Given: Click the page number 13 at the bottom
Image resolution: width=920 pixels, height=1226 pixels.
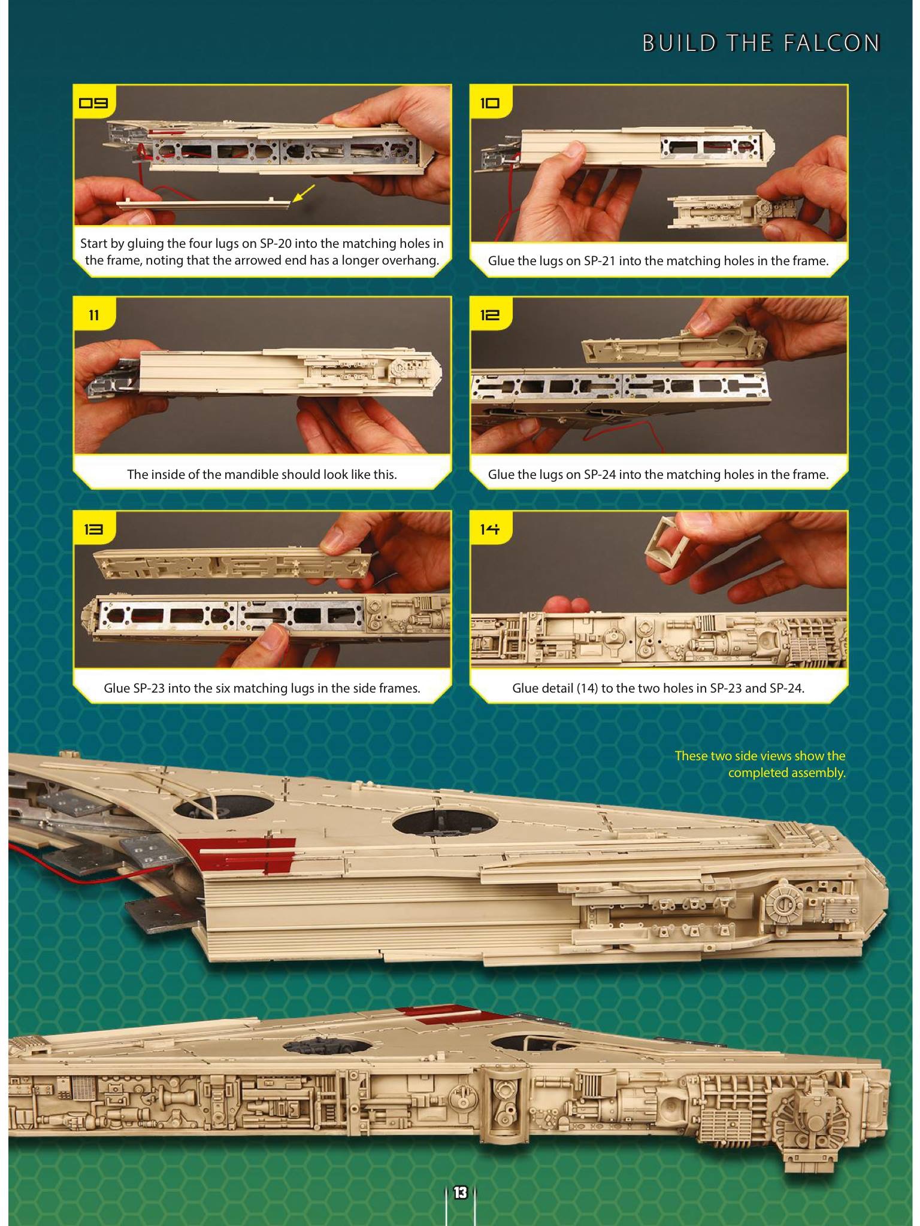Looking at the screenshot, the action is click(460, 1192).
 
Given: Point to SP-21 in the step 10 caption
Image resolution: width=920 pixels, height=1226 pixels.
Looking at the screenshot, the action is click(601, 261).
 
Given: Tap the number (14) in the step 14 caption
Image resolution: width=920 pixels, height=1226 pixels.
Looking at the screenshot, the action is click(587, 688).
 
